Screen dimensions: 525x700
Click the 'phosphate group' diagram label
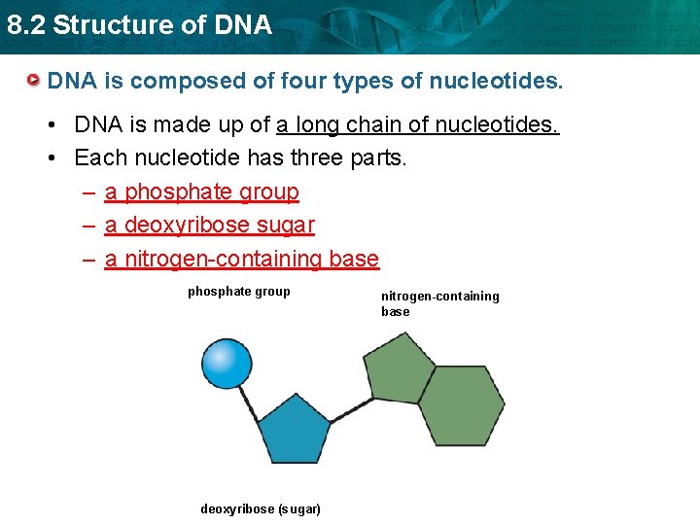click(238, 292)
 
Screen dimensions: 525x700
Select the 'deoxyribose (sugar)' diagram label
click(261, 509)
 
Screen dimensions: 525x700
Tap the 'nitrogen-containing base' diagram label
click(439, 303)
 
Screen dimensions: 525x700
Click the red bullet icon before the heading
click(33, 80)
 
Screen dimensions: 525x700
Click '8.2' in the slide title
click(26, 25)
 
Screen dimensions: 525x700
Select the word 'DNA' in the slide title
click(245, 25)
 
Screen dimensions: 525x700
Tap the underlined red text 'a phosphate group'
click(201, 192)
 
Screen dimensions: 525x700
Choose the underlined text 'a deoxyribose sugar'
click(209, 226)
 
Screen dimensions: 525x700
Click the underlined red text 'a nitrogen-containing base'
click(241, 259)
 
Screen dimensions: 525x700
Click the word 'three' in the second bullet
click(319, 157)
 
